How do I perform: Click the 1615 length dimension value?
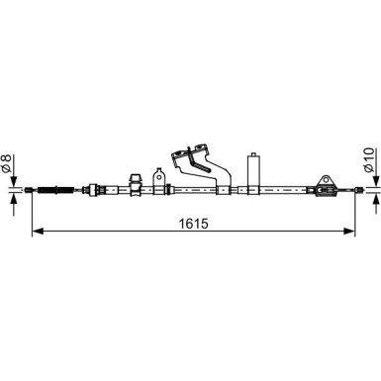[x=194, y=222]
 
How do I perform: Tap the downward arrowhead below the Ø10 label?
[x=373, y=179]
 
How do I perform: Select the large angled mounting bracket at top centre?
[x=194, y=162]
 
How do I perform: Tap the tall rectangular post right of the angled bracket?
[x=252, y=170]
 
